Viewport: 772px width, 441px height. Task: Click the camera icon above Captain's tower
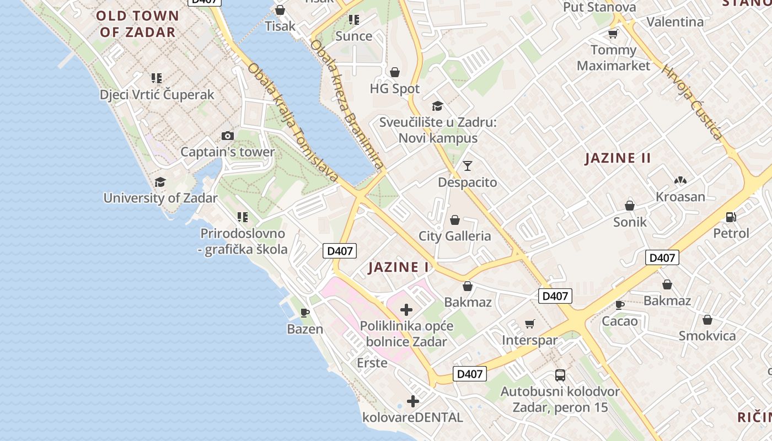click(227, 136)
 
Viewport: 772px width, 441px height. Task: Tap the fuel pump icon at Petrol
click(731, 217)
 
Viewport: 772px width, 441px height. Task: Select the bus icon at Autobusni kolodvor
click(560, 375)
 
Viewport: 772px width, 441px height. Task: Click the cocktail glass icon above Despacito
click(468, 165)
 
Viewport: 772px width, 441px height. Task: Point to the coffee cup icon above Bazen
click(305, 313)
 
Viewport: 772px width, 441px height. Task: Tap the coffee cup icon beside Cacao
click(620, 305)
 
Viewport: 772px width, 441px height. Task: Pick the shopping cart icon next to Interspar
click(530, 324)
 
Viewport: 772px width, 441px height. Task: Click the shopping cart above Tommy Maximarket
click(613, 34)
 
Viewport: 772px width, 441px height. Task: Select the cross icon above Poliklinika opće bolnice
click(406, 310)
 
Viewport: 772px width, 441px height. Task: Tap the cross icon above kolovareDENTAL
click(413, 401)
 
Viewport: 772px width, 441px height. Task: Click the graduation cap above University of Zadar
click(160, 182)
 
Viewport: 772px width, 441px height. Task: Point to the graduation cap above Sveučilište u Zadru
click(438, 106)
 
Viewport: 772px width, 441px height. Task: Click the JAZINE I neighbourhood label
click(398, 267)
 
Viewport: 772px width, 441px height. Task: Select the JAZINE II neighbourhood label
click(618, 158)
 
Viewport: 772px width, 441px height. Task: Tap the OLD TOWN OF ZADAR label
click(137, 24)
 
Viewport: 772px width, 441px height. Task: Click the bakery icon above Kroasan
click(680, 180)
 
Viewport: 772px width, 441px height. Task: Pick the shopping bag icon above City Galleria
click(455, 220)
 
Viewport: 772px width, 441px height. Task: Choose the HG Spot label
click(394, 88)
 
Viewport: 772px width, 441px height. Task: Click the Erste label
click(372, 363)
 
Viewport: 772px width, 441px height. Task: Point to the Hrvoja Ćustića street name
click(693, 103)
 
